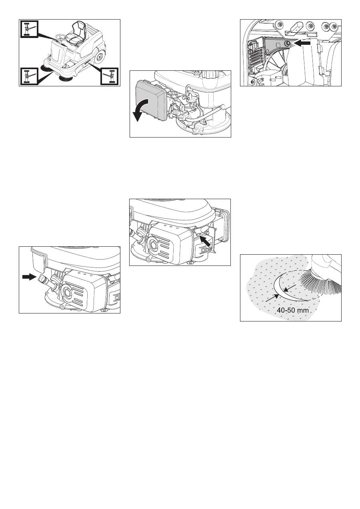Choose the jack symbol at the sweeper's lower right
pos(110,76)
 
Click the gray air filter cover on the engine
pos(151,100)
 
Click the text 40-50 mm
pos(293,310)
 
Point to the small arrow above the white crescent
pos(289,287)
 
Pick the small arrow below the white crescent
pos(272,298)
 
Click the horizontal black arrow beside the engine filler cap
pos(29,277)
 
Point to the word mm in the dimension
pos(304,310)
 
